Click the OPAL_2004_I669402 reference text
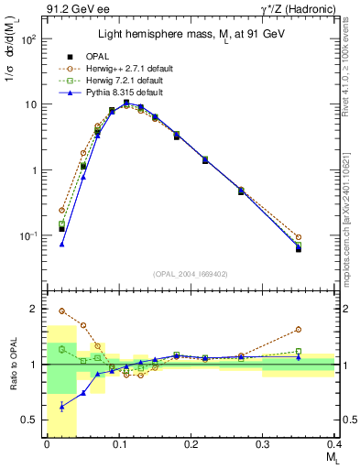coord(190,273)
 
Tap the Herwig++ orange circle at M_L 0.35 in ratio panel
coord(299,330)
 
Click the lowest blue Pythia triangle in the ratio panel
coord(61,406)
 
